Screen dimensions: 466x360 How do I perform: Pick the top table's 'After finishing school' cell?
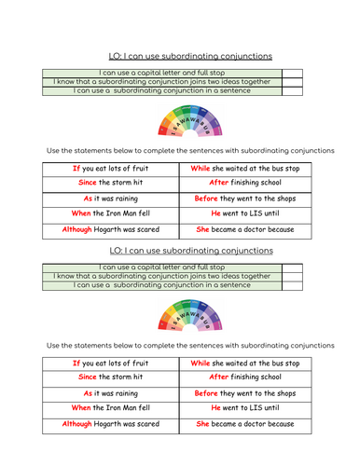[x=244, y=183]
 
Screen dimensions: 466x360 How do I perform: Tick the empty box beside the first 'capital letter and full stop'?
[x=291, y=72]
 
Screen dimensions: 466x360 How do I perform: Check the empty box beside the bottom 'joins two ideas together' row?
[x=291, y=276]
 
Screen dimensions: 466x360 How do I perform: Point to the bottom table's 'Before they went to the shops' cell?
[x=244, y=392]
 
